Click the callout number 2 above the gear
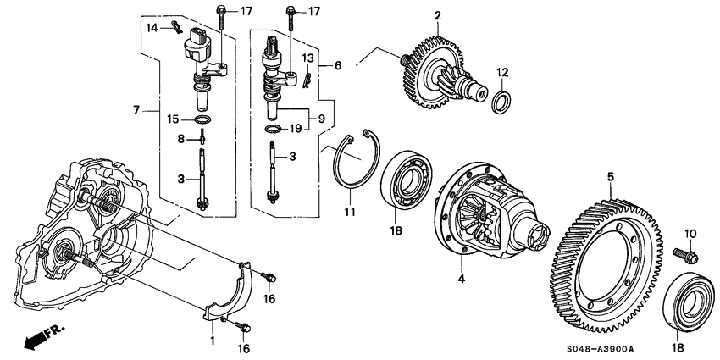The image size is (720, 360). (x=439, y=15)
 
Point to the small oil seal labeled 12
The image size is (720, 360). (x=501, y=102)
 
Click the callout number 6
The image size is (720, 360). (x=339, y=65)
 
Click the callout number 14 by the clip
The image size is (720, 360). (x=152, y=29)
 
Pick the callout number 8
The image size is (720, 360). (x=180, y=138)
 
